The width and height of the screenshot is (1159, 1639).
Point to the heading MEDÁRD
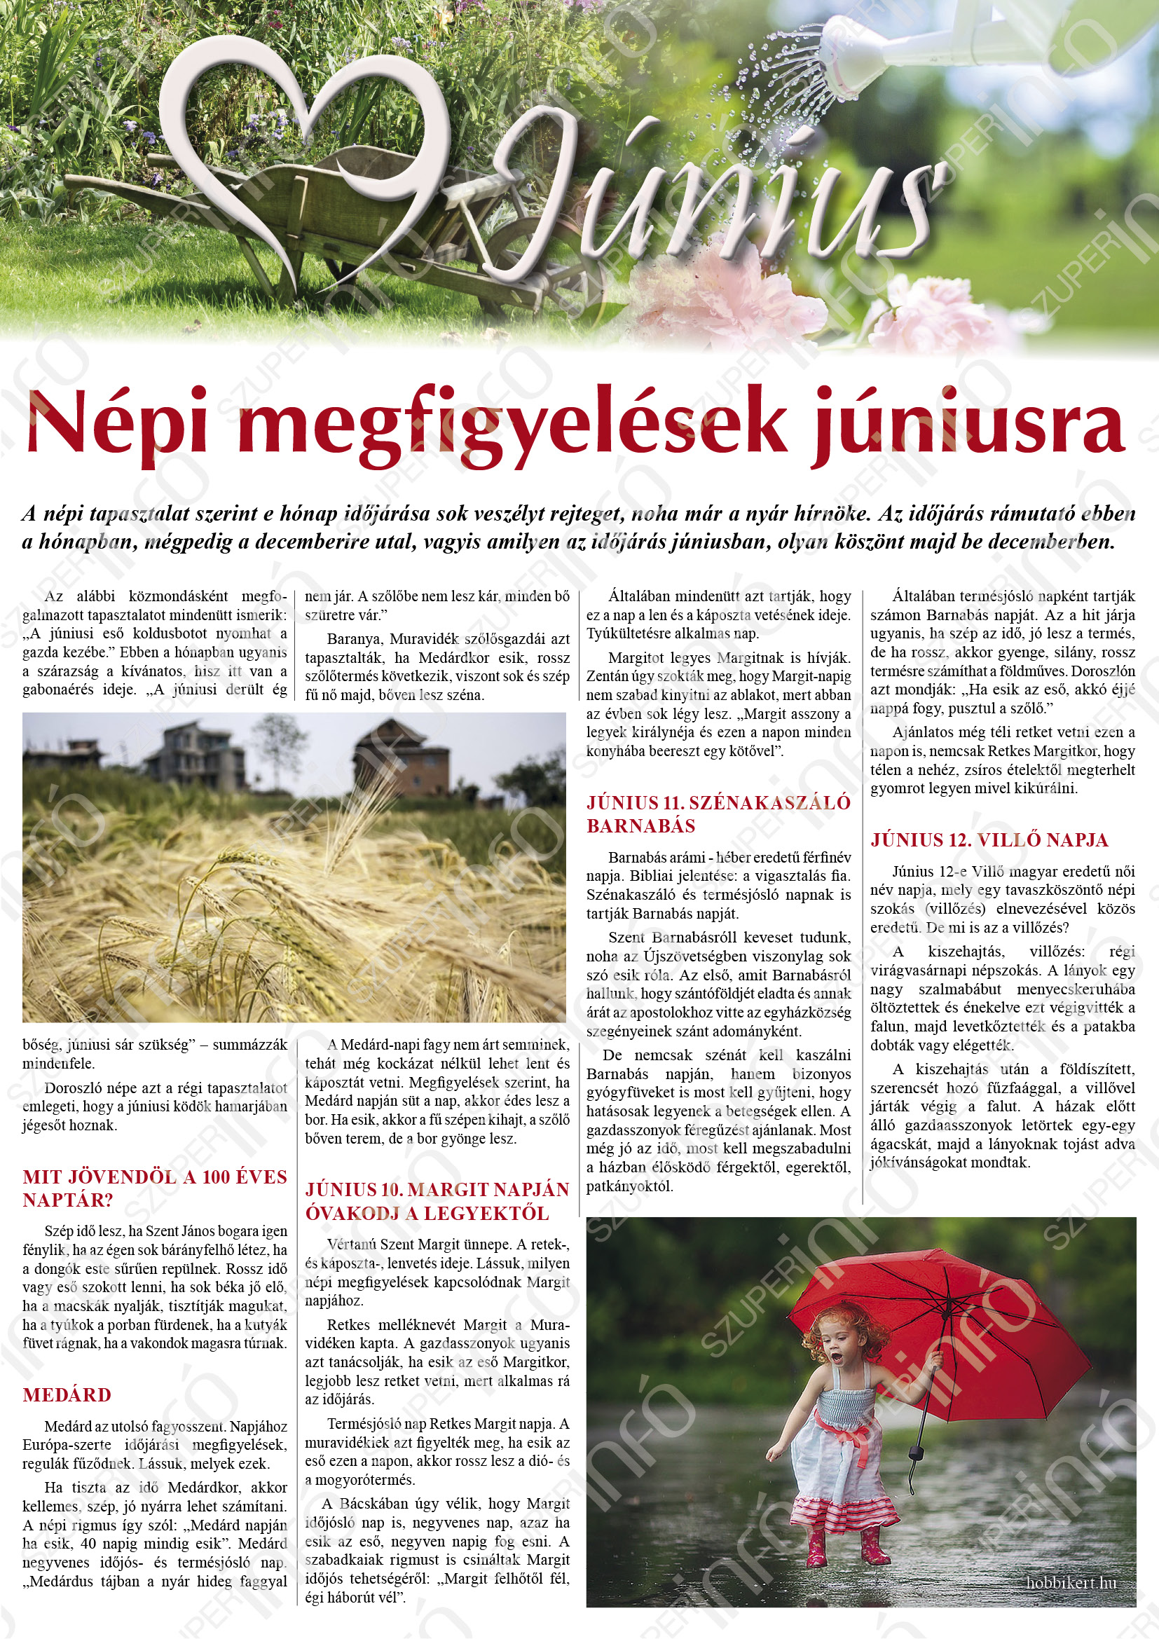click(67, 1395)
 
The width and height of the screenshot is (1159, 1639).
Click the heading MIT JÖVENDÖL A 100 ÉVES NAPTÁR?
click(154, 1188)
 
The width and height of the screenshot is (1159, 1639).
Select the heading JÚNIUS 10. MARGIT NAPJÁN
click(437, 1189)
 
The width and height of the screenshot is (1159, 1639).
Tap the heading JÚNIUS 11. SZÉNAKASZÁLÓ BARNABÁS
click(718, 814)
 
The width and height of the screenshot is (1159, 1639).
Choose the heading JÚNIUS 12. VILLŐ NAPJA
click(989, 839)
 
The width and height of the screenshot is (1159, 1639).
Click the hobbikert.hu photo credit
click(1071, 1583)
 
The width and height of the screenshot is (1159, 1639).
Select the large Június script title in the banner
click(713, 193)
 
